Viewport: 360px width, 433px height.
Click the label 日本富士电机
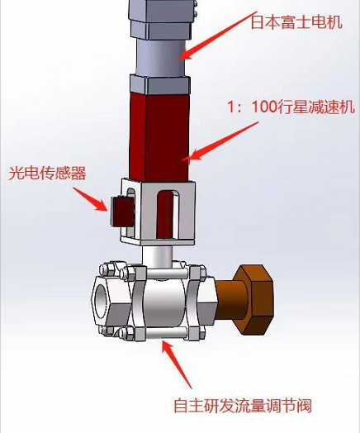click(x=296, y=21)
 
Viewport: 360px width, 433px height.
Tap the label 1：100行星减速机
click(x=291, y=107)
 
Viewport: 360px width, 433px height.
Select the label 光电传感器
click(x=47, y=174)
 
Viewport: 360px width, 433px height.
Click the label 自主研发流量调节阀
click(x=243, y=406)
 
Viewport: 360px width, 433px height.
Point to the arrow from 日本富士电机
click(x=218, y=36)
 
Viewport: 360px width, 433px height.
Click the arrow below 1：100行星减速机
click(x=220, y=141)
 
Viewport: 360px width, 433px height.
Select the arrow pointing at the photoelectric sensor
click(x=90, y=199)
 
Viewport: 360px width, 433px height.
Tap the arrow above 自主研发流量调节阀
click(x=177, y=364)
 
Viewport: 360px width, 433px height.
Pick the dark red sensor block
click(x=122, y=211)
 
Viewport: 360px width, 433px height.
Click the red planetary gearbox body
click(x=159, y=136)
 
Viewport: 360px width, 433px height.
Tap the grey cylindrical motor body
click(x=159, y=57)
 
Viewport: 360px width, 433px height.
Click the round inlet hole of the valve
click(x=101, y=301)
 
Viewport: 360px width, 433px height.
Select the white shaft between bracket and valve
click(x=157, y=256)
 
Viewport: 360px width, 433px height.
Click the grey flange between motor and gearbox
click(x=160, y=84)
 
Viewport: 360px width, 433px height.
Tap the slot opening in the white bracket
click(x=168, y=214)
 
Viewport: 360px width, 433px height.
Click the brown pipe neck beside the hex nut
click(x=228, y=301)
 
